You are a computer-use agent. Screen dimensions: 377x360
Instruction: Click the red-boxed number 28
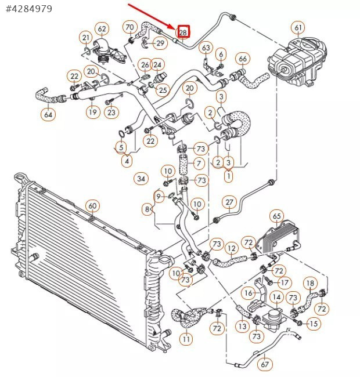coord(183,32)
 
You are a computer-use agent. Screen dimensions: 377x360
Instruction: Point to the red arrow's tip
coord(177,27)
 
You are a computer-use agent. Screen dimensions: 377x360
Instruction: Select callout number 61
coord(298,28)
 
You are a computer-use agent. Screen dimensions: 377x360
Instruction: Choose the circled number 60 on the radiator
coord(92,206)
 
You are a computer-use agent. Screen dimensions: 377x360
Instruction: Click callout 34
coord(141,178)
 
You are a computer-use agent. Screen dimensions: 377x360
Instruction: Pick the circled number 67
coord(265,365)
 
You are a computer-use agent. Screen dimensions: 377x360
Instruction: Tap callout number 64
coord(48,114)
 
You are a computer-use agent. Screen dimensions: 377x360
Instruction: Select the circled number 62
coord(102,29)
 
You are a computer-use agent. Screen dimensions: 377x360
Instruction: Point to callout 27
coord(229,202)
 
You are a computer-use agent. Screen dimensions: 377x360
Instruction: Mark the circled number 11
coord(186,339)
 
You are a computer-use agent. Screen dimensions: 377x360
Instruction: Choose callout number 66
coord(243,59)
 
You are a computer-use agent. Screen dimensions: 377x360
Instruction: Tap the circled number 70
coord(130,27)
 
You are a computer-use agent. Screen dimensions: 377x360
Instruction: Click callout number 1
coord(228,175)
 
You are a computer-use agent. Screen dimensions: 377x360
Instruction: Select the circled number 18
coord(311,283)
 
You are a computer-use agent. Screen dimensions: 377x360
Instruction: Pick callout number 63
coord(206,47)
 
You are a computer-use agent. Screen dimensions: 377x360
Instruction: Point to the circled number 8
coord(147,209)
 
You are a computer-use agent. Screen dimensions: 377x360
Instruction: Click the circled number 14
coord(277,298)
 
